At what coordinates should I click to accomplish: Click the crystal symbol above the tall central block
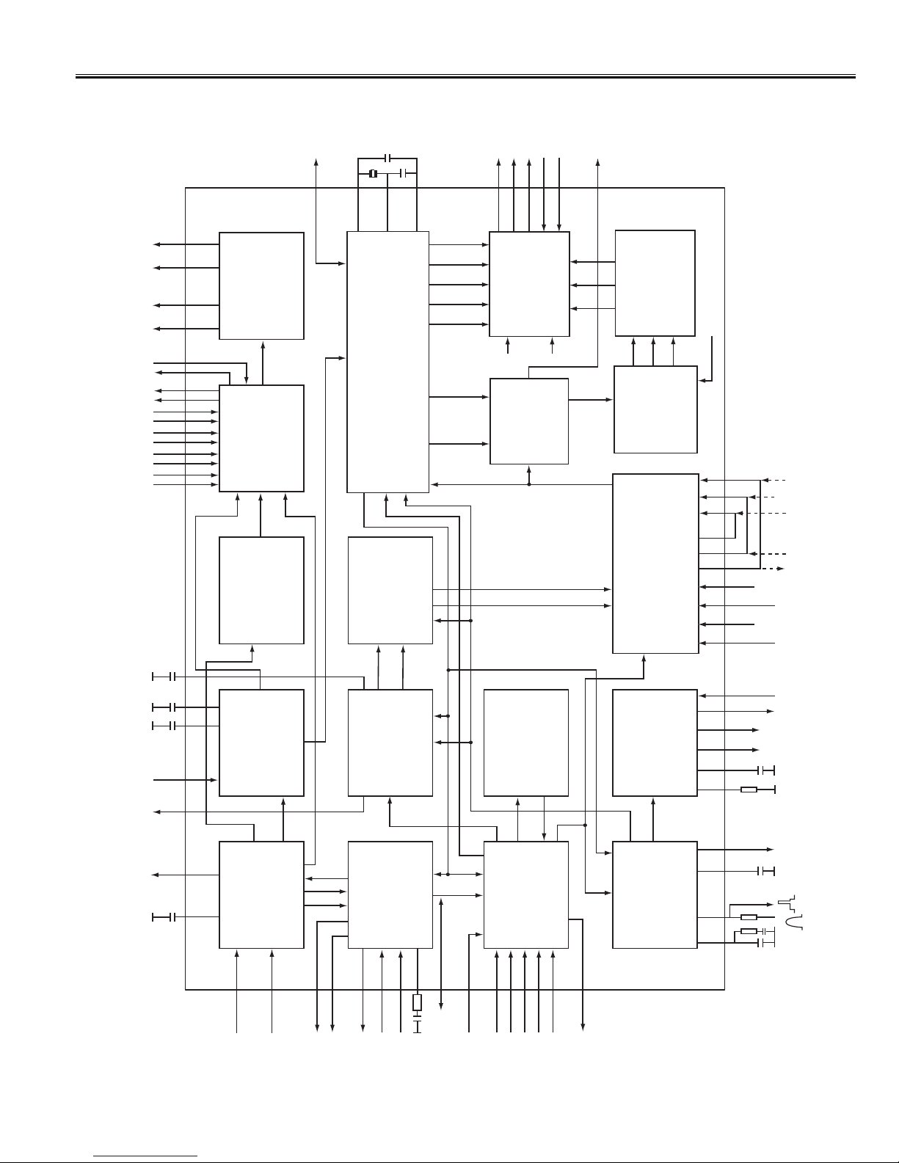pyautogui.click(x=373, y=173)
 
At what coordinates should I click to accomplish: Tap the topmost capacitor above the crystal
pyautogui.click(x=388, y=158)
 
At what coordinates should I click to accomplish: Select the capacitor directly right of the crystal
pyautogui.click(x=403, y=173)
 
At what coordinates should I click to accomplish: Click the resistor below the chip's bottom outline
pyautogui.click(x=418, y=1002)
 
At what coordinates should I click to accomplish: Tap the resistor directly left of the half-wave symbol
pyautogui.click(x=749, y=917)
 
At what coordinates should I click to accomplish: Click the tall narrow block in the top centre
pyautogui.click(x=387, y=362)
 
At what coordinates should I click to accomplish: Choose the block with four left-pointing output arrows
pyautogui.click(x=261, y=286)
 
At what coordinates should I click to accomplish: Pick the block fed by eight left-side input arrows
pyautogui.click(x=261, y=438)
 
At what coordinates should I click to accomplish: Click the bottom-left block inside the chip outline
pyautogui.click(x=261, y=894)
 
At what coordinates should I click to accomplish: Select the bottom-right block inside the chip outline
pyautogui.click(x=655, y=894)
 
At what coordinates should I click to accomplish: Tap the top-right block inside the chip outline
pyautogui.click(x=655, y=283)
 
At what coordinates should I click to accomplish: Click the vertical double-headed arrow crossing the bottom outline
pyautogui.click(x=441, y=954)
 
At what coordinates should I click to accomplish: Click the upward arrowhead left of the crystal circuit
pyautogui.click(x=316, y=161)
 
